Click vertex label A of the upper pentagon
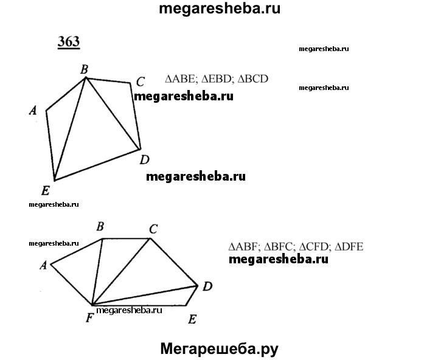34,110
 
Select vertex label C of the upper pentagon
140,81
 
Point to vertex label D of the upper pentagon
145,160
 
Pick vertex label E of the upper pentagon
46,189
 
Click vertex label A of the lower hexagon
43,265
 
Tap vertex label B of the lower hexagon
100,227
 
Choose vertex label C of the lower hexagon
153,229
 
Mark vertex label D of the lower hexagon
207,286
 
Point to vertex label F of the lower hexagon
89,317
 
